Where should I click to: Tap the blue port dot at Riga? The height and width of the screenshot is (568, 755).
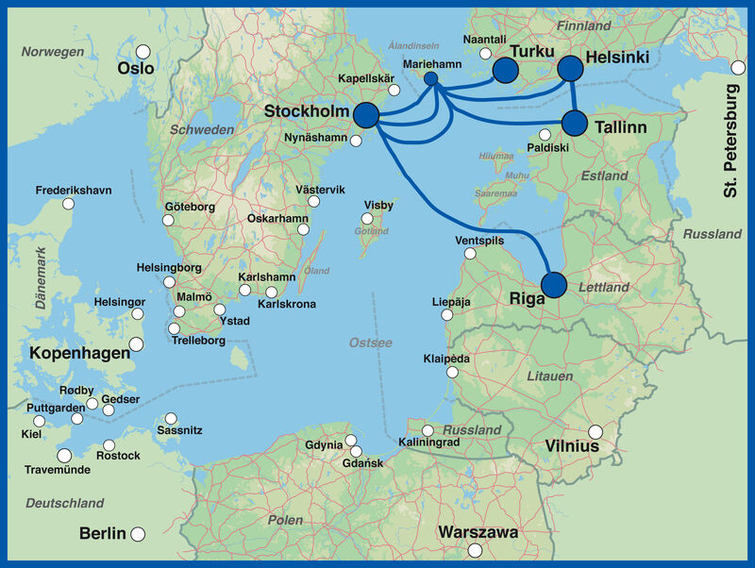pos(554,283)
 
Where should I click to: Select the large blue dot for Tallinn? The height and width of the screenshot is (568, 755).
pos(575,124)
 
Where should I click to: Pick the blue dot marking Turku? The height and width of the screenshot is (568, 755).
pos(506,69)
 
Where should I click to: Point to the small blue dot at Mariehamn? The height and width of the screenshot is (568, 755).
pos(431,78)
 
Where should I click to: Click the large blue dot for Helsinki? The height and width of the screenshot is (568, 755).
pos(570,68)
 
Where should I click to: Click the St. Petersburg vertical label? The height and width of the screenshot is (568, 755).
pos(732,141)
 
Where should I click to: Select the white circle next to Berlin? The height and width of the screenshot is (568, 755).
pos(138,534)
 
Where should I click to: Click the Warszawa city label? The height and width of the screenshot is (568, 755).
pos(478,532)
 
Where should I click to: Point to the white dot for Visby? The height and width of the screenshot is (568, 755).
pos(367,219)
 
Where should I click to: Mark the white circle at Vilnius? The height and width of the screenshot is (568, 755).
pos(596,432)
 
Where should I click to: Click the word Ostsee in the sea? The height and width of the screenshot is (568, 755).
pos(370,342)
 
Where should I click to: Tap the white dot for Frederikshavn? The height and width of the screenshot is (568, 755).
pos(67,203)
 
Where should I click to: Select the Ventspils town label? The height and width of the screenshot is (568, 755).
pos(479,241)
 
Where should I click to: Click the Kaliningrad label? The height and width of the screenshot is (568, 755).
pos(428,442)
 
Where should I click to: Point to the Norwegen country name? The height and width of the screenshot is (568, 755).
pos(53,52)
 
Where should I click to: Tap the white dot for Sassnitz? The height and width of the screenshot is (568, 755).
pos(171,418)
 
